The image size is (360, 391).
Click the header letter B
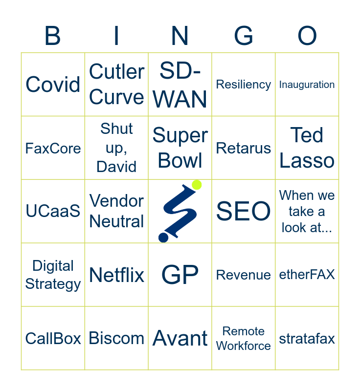tap(53, 36)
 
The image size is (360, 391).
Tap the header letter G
tap(244, 36)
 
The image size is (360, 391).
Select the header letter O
tap(307, 36)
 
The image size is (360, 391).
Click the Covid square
tap(53, 85)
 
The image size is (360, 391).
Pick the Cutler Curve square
tap(116, 85)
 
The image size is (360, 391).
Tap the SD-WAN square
tap(180, 85)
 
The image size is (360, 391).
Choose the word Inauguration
tap(307, 85)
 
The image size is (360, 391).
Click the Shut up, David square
tap(116, 148)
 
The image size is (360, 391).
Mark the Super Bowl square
tap(180, 148)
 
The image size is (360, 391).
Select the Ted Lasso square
tap(307, 148)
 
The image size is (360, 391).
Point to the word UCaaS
tap(53, 211)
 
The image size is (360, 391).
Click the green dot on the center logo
tap(197, 185)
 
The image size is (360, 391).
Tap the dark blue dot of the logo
tap(163, 238)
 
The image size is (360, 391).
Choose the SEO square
tap(244, 211)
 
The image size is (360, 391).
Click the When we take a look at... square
tap(307, 211)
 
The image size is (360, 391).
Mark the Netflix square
tap(116, 275)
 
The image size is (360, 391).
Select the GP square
tap(180, 275)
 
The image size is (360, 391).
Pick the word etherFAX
tap(307, 275)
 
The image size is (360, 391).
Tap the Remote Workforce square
tap(244, 338)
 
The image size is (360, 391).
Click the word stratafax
tap(307, 338)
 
